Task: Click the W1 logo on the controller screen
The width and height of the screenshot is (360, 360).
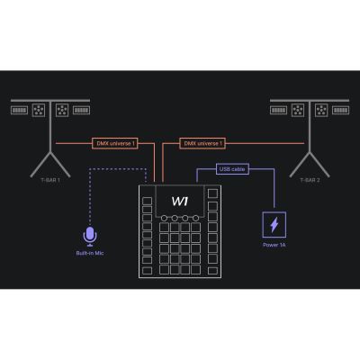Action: tap(180, 201)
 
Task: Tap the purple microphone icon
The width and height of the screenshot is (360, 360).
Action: tap(90, 237)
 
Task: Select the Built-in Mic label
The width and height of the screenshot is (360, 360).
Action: tap(90, 253)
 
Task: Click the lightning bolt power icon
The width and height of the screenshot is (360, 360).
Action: tap(274, 225)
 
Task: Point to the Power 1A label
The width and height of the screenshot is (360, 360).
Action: tap(274, 245)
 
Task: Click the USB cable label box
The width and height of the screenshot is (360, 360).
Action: tap(232, 169)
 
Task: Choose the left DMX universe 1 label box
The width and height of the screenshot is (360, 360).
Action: tap(115, 143)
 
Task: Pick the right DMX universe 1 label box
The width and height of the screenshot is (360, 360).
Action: tap(202, 143)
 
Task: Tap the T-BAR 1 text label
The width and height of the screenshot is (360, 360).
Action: tap(50, 180)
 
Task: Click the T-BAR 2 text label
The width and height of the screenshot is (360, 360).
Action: tap(310, 180)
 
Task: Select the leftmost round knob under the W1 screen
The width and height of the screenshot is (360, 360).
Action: tap(164, 218)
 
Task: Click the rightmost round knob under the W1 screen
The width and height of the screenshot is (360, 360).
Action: tap(196, 218)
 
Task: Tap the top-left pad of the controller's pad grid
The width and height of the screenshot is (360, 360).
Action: tap(164, 228)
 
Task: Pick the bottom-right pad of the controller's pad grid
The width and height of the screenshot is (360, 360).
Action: tap(195, 269)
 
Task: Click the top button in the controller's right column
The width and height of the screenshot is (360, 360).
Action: tap(212, 193)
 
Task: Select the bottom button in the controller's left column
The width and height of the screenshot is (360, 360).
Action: tap(147, 271)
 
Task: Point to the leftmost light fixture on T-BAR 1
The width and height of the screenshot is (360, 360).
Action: tap(19, 111)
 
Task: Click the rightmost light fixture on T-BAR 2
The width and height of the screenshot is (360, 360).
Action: tap(340, 111)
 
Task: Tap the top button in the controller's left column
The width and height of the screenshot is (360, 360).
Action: tap(147, 201)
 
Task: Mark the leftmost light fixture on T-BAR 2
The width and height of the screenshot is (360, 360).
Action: tap(278, 111)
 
